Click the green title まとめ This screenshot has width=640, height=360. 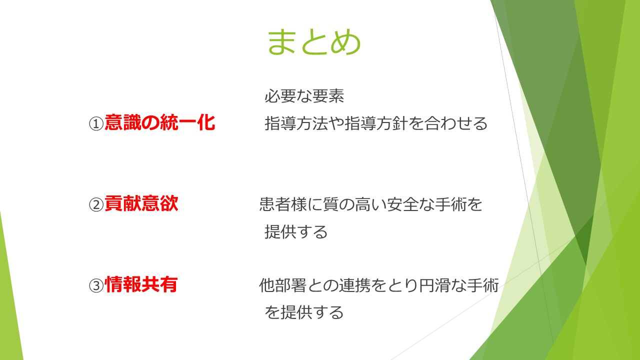pos(314,42)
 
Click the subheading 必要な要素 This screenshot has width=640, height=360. pos(304,95)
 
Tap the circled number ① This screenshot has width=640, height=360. pos(96,124)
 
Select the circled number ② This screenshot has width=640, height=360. pos(96,204)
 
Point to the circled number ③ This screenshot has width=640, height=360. pos(96,285)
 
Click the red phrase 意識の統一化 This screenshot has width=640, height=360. pos(159,122)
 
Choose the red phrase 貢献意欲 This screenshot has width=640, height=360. pos(141,203)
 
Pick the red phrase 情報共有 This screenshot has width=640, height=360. pos(141,284)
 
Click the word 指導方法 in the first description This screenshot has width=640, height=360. pos(296,123)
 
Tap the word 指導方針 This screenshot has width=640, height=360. pos(376,123)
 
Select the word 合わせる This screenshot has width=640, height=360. pos(455,123)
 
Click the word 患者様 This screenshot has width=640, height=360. pos(283,204)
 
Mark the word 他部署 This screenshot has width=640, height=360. pos(283,285)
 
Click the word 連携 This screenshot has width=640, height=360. pos(355,285)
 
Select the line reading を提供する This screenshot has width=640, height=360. pos(304,312)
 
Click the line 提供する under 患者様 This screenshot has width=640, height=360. pos(296,231)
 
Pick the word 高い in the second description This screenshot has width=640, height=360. pos(371,204)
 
